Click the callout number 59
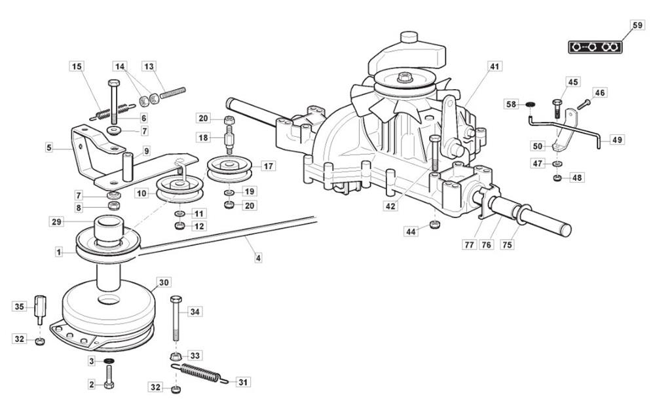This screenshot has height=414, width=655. (637, 25)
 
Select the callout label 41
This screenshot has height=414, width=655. (495, 66)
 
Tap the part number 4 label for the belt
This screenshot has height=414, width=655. (258, 257)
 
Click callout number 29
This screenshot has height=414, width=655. (56, 221)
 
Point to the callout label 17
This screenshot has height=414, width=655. (268, 166)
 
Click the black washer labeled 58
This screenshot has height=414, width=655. (529, 104)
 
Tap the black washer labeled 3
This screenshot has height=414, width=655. (108, 361)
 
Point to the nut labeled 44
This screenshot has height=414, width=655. (435, 225)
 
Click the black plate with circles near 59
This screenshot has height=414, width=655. (595, 47)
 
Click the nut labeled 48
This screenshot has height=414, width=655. (557, 178)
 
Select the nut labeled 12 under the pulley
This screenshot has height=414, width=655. (179, 226)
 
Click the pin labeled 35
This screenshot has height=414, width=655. (40, 310)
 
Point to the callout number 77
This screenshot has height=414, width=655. (470, 244)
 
